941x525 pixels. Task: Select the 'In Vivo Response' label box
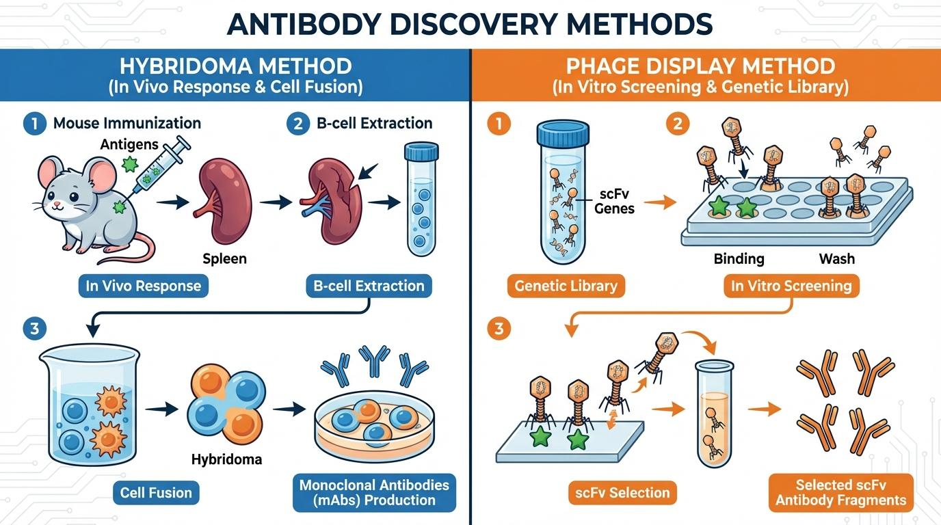coord(144,286)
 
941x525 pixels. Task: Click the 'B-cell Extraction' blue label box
coord(369,286)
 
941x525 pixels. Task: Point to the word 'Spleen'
coord(224,260)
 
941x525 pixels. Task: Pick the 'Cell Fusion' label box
coord(156,492)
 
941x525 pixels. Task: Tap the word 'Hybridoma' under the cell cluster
coord(226,459)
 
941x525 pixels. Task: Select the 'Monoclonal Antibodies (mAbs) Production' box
coord(374,493)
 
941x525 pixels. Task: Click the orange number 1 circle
coord(499,124)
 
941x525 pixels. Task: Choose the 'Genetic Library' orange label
coord(566,286)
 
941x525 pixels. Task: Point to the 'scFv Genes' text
coord(614,201)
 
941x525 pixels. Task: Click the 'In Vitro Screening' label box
coord(791,286)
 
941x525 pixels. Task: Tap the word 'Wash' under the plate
coord(836,259)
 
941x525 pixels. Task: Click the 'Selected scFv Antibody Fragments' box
coord(840,492)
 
